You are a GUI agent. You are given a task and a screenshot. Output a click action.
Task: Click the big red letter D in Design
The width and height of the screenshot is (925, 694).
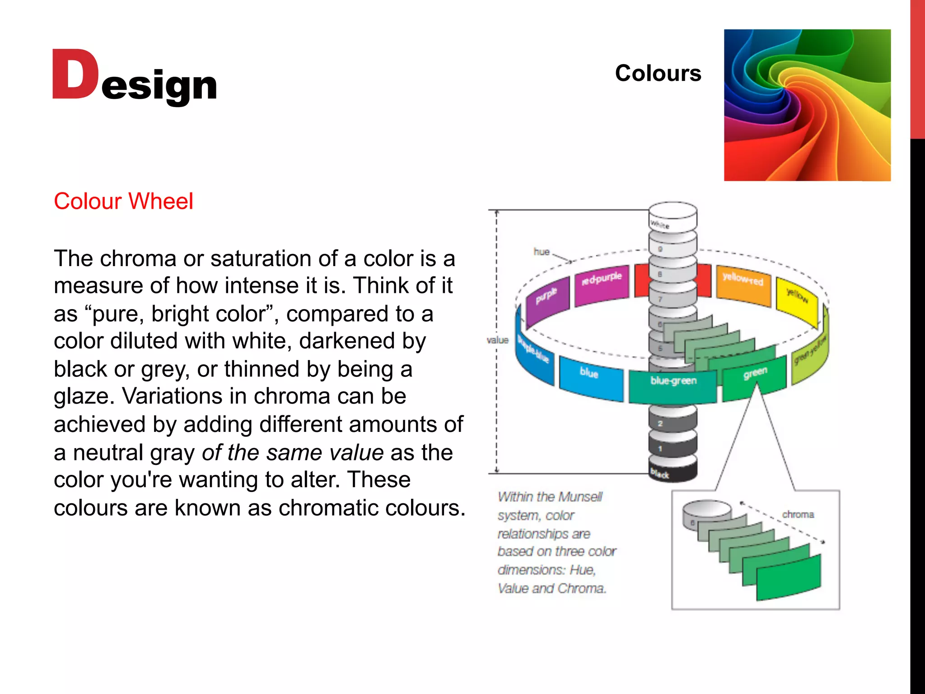75,75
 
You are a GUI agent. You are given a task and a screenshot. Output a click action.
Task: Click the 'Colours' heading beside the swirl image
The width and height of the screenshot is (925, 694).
658,73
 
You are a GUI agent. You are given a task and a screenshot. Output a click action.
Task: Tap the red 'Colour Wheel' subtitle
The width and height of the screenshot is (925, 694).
123,201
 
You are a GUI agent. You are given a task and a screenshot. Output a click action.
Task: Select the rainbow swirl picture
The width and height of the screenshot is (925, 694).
807,105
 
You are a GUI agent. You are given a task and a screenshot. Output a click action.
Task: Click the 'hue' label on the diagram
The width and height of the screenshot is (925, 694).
541,252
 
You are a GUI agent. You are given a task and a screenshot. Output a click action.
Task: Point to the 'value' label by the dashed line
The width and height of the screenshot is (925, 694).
497,340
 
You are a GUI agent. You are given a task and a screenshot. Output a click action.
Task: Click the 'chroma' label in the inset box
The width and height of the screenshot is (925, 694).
798,515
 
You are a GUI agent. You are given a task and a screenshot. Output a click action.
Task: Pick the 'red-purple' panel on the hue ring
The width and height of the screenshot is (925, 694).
602,284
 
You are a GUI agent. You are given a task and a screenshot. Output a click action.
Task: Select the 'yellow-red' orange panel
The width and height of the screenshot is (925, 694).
743,284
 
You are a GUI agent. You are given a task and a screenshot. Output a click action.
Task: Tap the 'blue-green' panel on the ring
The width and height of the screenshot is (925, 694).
673,385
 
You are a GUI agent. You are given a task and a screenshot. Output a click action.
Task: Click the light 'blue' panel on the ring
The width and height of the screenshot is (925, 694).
590,376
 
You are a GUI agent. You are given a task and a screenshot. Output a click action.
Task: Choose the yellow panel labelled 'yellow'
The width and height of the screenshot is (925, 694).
797,300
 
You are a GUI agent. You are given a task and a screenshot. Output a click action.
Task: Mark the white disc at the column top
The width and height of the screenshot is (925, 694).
673,217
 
